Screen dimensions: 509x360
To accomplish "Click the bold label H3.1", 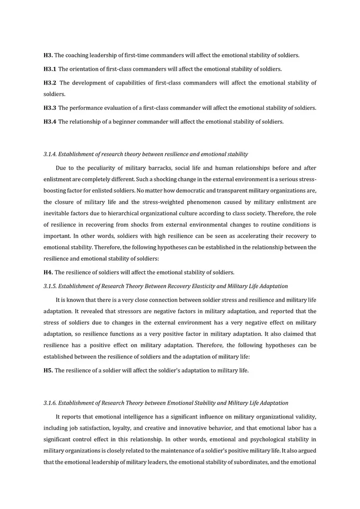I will coord(50,69).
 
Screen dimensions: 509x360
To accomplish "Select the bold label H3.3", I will coord(50,108).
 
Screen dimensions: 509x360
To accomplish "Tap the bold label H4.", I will coord(48,272).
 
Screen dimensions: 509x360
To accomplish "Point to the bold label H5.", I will coord(48,370).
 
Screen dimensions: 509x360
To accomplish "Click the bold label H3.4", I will coord(50,121).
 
